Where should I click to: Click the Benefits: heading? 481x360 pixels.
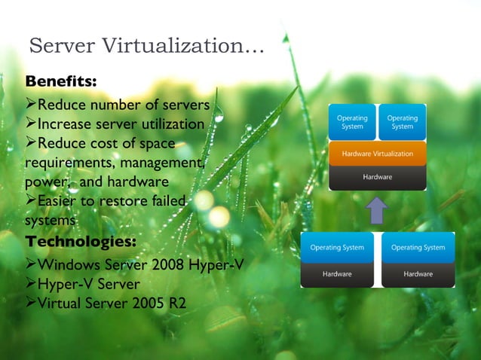point(60,81)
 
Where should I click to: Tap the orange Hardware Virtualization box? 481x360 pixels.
point(378,153)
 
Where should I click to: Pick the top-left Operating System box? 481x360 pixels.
point(352,122)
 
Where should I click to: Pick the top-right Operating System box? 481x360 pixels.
point(403,122)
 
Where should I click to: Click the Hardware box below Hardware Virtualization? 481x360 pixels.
point(378,177)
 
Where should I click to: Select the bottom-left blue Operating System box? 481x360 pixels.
point(337,247)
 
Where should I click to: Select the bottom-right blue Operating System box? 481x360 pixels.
point(418,247)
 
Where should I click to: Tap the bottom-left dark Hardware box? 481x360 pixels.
point(337,274)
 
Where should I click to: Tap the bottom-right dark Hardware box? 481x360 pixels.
point(418,274)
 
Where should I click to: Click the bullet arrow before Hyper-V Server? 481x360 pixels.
point(31,285)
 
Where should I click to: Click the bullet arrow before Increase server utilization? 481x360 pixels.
point(31,124)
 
